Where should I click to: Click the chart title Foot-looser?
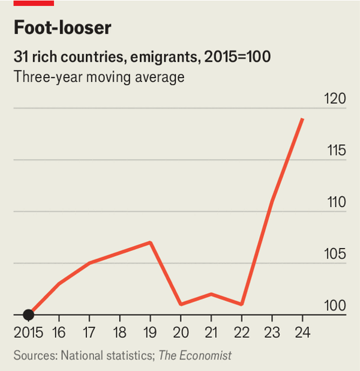coord(62,28)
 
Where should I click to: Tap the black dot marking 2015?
coord(28,314)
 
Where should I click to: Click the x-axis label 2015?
coord(28,331)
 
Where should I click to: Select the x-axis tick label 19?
coord(150,331)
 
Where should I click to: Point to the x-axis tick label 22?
coord(241,331)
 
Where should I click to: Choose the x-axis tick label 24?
coord(302,331)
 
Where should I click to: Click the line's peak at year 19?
coord(150,242)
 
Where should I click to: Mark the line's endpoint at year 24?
coord(302,119)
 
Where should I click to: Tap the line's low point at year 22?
coord(241,304)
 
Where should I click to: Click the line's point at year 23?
coord(272,201)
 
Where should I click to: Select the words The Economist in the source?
coord(195,355)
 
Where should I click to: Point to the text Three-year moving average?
coord(99,77)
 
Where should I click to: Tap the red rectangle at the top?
coord(34,3)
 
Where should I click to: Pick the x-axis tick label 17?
coord(89,331)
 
